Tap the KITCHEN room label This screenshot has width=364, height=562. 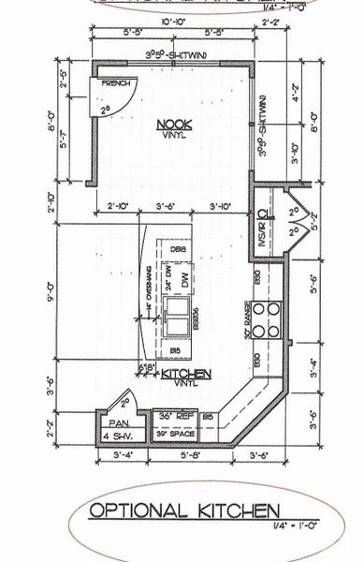point(186,373)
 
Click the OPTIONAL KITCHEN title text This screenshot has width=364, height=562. point(184,510)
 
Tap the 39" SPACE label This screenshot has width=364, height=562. point(178,436)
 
